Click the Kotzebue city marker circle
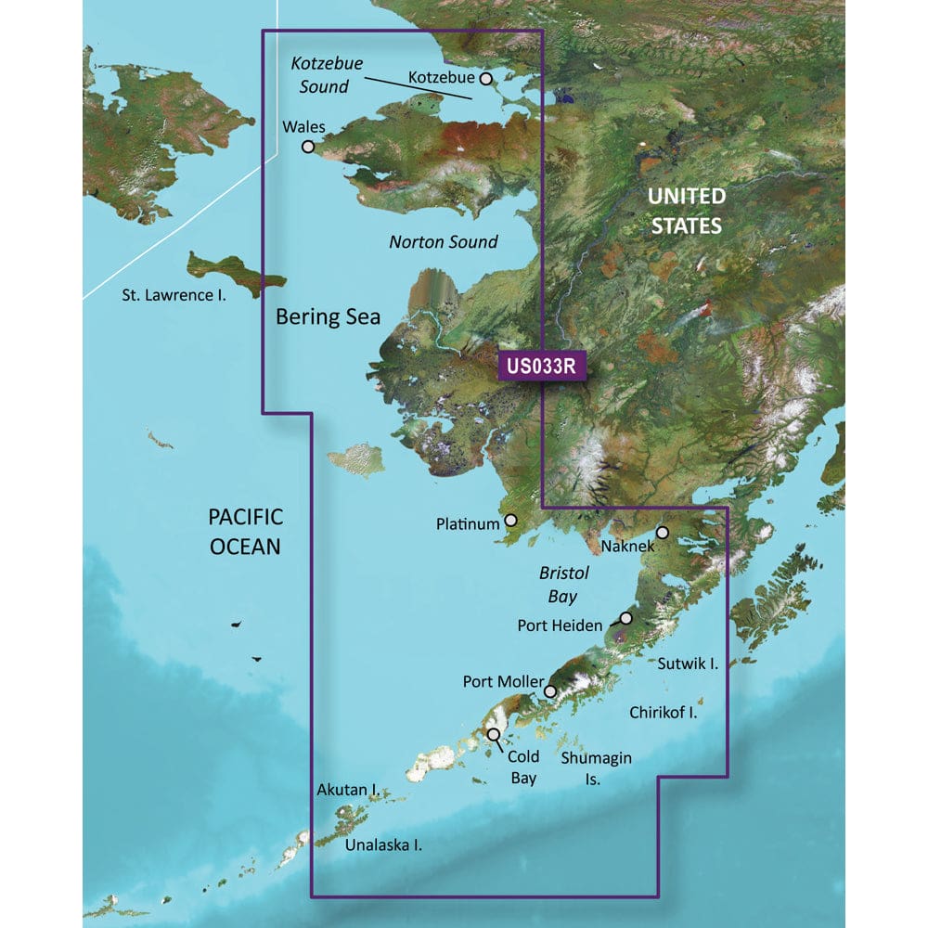pos(485,79)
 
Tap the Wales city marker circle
pos(307,146)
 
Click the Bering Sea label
pos(329,316)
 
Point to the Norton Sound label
pos(443,242)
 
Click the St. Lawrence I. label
pos(174,294)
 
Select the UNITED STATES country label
pos(686,211)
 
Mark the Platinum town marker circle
pos(509,522)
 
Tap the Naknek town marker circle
pos(663,533)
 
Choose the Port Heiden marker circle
pos(625,618)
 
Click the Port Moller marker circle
pos(550,691)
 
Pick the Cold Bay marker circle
pos(494,734)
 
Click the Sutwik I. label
pos(689,664)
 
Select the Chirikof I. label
pos(663,712)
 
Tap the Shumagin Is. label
pos(597,768)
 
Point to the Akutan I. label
pos(346,790)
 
